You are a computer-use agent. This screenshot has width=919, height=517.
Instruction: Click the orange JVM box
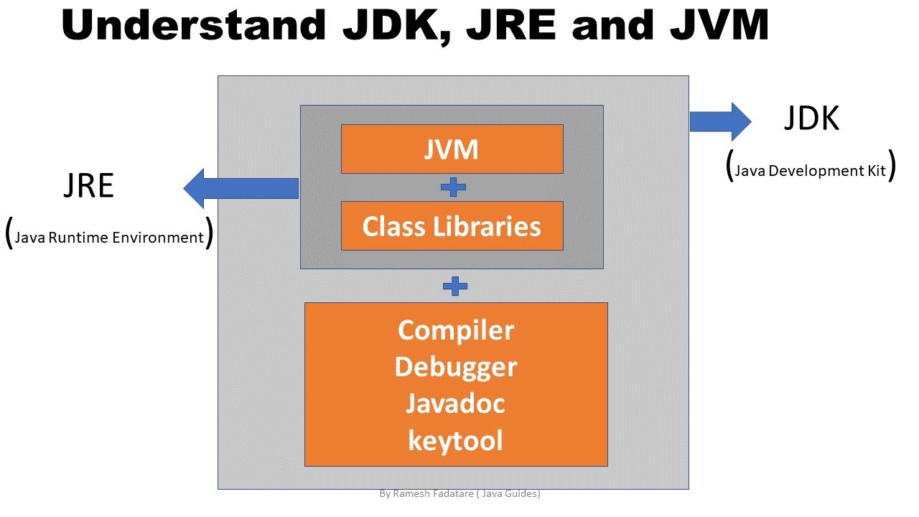452,149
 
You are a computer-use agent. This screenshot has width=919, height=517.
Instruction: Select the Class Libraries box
452,226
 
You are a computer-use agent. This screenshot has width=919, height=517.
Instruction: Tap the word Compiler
456,330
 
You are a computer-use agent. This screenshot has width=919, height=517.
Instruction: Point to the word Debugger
456,367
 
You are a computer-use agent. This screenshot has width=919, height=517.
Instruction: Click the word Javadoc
456,404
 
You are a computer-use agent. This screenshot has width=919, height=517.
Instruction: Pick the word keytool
456,440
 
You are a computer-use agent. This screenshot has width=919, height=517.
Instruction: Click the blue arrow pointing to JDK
720,121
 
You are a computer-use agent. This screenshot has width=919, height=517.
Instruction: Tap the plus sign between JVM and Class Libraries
453,187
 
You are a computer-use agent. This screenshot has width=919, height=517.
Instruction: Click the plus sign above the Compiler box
455,287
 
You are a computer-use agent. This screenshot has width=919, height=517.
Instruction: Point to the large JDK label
811,119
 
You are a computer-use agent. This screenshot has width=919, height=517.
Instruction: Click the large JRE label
89,187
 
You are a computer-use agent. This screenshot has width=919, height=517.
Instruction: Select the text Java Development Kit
811,171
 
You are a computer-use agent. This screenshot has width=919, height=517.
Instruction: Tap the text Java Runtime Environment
109,238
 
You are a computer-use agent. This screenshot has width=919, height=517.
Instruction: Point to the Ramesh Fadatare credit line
459,494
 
